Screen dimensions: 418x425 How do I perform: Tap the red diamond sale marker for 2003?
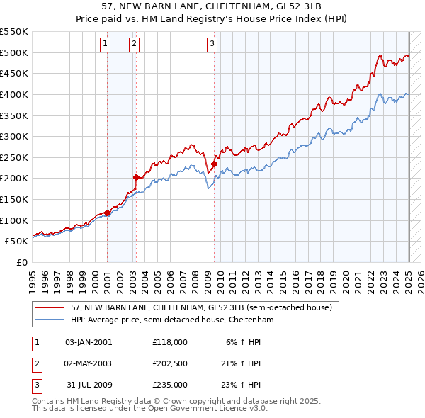(135, 177)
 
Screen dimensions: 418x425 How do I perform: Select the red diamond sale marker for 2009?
(214, 164)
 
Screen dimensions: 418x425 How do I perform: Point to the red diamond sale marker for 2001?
(107, 213)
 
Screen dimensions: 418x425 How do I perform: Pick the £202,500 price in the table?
(169, 363)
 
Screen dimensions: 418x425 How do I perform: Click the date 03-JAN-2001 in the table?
(88, 342)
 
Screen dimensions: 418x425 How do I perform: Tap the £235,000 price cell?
(169, 385)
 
